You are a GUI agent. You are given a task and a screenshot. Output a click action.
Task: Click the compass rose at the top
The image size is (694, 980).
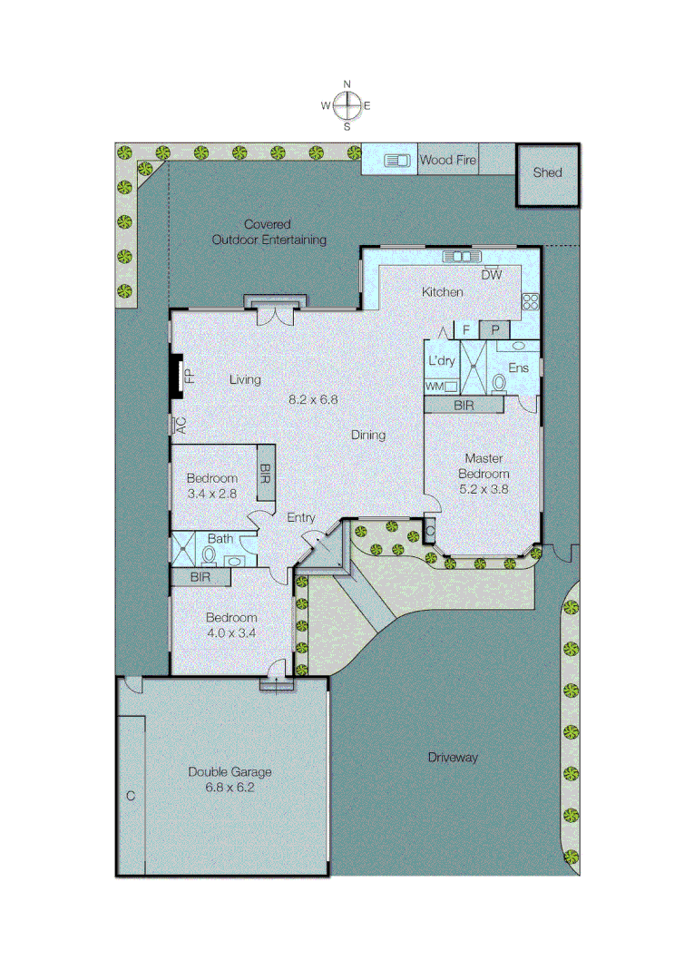(x=347, y=106)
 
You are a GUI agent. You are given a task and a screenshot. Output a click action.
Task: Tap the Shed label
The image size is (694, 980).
(x=547, y=172)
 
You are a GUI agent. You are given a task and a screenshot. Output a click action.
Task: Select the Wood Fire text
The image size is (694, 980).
(x=447, y=161)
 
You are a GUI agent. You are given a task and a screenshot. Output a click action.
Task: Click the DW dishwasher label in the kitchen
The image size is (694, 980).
(x=491, y=274)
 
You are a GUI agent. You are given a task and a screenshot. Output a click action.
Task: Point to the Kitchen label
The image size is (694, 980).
(x=442, y=292)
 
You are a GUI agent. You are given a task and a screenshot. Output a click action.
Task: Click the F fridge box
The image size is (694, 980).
(x=465, y=330)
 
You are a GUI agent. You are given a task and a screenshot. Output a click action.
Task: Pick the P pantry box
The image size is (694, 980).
(x=495, y=330)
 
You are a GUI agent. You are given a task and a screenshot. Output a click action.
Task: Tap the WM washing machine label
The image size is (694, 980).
(x=434, y=387)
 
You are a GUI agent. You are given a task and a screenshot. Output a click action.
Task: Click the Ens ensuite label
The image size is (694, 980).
(x=518, y=368)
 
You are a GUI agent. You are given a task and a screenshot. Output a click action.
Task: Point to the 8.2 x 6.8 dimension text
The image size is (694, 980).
(x=313, y=398)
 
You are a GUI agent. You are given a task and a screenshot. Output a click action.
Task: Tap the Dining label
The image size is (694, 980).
(x=368, y=435)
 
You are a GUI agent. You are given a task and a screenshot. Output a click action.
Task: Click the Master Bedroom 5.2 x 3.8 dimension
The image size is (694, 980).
(x=484, y=487)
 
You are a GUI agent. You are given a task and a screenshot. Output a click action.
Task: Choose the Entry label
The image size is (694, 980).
(x=301, y=518)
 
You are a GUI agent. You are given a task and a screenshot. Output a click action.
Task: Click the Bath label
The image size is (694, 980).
(x=220, y=539)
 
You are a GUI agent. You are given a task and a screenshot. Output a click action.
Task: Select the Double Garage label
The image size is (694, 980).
(x=230, y=772)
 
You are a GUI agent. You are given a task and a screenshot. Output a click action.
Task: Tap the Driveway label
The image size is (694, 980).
(x=452, y=757)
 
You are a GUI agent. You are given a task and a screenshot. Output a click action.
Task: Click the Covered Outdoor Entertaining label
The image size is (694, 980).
(x=269, y=231)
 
